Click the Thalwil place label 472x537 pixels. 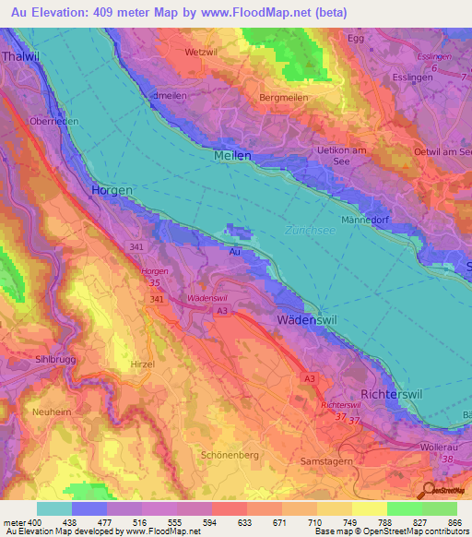tap(19, 54)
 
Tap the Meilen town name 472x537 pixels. tap(232, 157)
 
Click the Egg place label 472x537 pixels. tap(356, 38)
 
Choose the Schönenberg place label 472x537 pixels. tap(229, 455)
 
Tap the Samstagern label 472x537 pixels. tap(329, 460)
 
